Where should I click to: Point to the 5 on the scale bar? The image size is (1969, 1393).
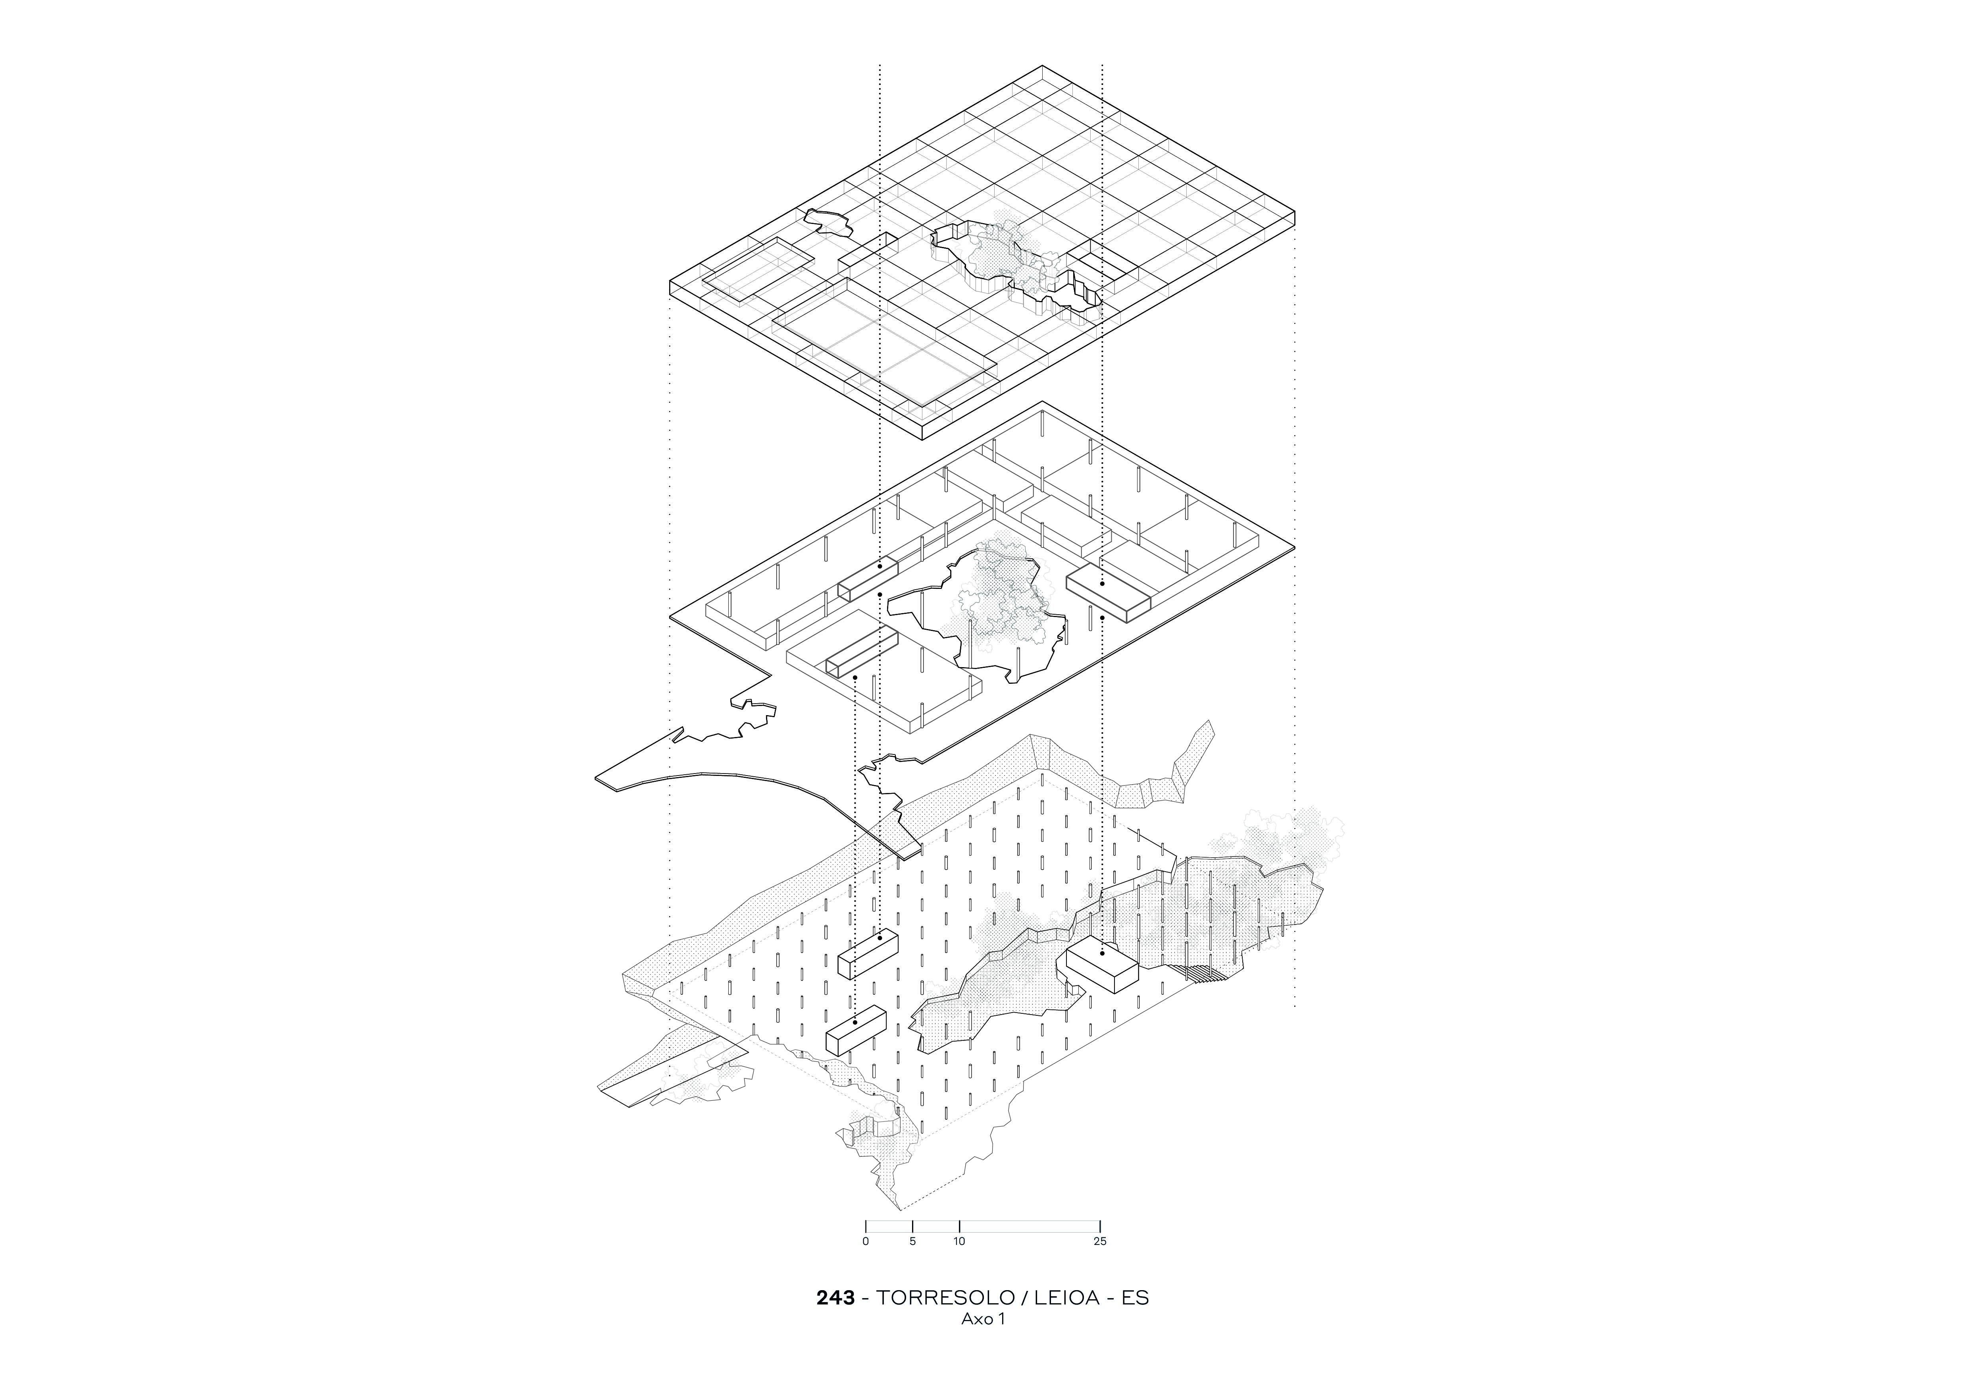coord(912,1241)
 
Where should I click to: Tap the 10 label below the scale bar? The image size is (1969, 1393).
coord(960,1241)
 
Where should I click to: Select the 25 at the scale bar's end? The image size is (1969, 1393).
coord(1100,1241)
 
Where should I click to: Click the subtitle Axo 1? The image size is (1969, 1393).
coord(983,1319)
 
